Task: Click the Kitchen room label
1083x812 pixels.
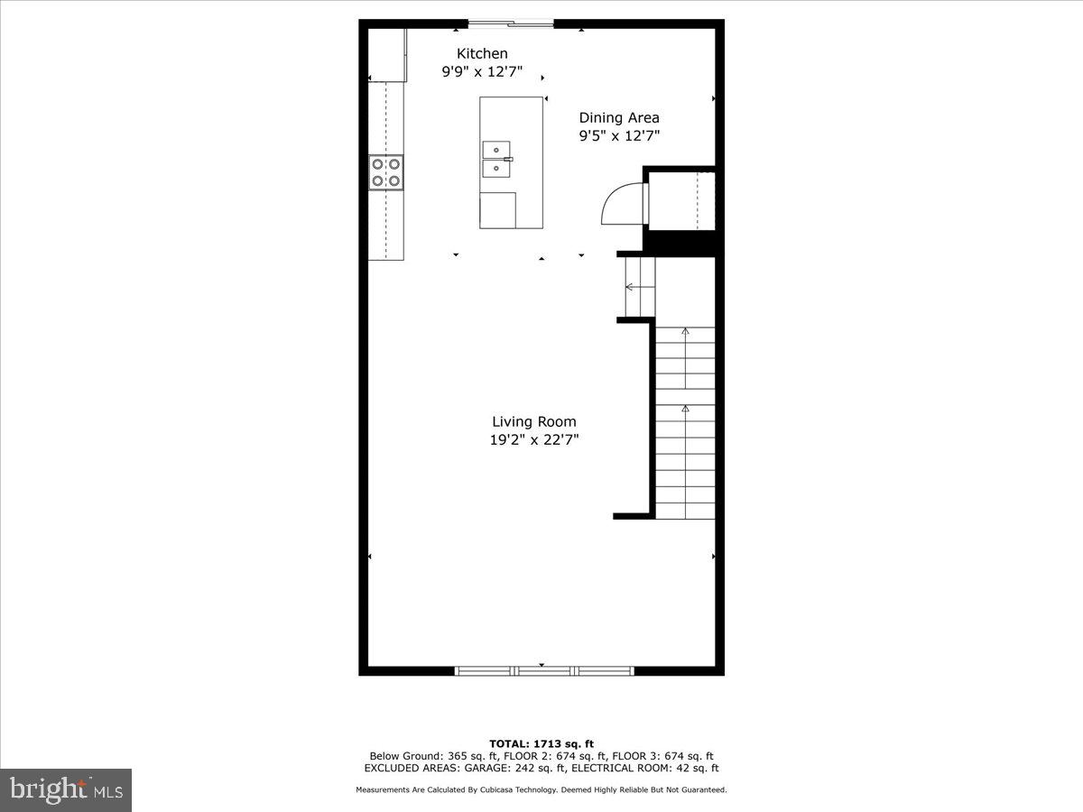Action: pos(482,54)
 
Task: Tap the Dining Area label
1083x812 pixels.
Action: pos(619,117)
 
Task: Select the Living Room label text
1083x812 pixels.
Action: pos(534,421)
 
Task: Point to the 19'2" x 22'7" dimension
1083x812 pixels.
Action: pos(534,440)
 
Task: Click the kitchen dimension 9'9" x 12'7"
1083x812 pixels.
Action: pos(482,72)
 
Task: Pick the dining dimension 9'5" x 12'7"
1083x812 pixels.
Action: pos(619,136)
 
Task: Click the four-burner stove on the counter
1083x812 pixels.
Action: pos(386,172)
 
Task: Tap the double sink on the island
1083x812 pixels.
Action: pos(497,159)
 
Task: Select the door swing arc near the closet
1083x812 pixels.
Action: pos(620,203)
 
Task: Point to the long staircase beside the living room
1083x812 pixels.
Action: pos(685,422)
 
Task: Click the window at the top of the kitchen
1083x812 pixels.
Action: pos(510,24)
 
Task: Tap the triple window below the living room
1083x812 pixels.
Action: pos(543,670)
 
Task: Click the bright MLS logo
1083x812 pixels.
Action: pos(66,790)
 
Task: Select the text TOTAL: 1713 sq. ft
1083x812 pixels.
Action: pos(541,743)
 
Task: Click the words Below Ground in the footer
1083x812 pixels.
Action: pos(403,756)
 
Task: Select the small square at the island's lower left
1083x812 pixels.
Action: pos(497,209)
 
